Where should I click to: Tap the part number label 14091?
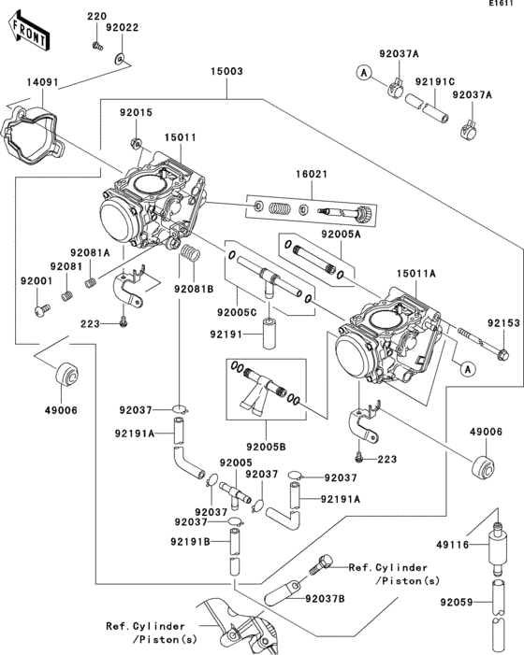42,83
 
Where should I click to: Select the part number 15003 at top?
226,71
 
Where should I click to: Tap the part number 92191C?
429,81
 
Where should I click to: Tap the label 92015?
135,112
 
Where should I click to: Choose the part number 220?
97,18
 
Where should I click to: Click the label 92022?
122,27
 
